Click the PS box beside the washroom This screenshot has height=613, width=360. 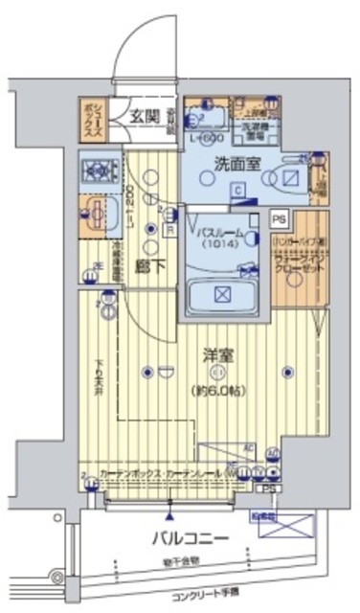(279, 218)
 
